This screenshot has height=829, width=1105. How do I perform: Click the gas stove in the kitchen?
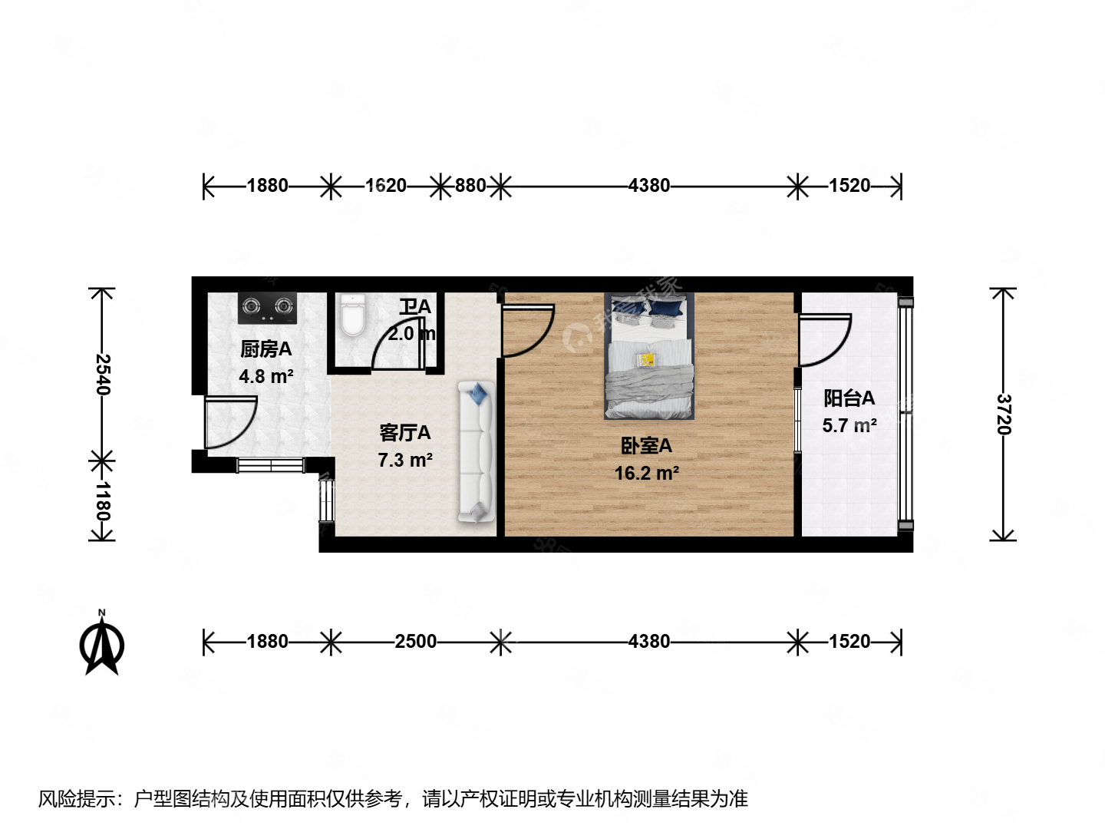tap(266, 307)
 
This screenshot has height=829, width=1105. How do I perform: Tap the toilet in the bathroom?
tap(353, 316)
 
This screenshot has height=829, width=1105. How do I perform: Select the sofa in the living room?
tap(476, 453)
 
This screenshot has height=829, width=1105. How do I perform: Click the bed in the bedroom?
tap(649, 356)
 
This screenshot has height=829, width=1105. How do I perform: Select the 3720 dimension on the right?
tap(1003, 414)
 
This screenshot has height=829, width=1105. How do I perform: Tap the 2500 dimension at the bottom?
tap(415, 642)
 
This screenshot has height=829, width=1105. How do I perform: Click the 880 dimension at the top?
tap(470, 186)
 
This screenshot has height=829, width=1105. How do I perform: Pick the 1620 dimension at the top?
tap(385, 186)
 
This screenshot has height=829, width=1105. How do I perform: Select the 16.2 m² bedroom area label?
tap(646, 474)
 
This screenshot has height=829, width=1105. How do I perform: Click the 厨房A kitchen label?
tap(266, 349)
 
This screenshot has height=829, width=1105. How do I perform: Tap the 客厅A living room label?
tap(404, 433)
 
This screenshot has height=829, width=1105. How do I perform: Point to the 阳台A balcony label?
tap(849, 398)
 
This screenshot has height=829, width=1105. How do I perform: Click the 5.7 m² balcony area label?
tap(849, 425)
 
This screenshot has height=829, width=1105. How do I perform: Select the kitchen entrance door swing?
tap(229, 421)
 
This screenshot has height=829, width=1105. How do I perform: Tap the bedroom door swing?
tap(526, 330)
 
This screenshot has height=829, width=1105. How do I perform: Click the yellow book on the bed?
tap(647, 359)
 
